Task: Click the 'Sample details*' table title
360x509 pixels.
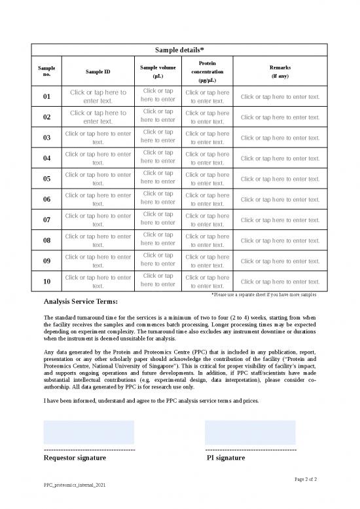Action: point(179,50)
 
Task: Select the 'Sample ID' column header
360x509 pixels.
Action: point(98,71)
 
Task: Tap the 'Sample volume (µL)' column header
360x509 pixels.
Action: point(158,71)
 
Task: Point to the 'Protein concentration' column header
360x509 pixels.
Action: point(207,71)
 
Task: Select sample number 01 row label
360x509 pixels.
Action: point(46,97)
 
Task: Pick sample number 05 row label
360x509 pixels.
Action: point(46,179)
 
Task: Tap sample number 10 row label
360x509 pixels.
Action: point(46,282)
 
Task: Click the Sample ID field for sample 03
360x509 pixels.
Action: point(98,138)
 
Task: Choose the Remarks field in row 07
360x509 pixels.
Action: point(280,220)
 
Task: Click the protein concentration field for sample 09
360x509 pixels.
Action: point(207,261)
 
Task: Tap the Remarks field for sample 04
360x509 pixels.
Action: point(280,159)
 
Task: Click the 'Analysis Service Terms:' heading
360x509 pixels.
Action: point(81,302)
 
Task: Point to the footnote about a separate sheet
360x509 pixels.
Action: point(265,295)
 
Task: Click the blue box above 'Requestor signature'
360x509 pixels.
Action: point(88,432)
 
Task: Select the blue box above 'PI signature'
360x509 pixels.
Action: point(250,432)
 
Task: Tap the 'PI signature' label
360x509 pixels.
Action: point(225,459)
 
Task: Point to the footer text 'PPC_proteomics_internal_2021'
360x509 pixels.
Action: point(73,487)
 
